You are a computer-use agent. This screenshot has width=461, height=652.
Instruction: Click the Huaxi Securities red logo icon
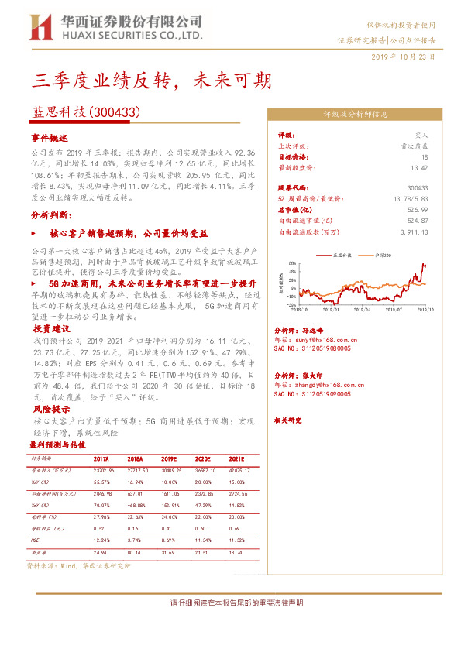41,28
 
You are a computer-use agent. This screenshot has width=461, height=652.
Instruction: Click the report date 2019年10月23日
403,57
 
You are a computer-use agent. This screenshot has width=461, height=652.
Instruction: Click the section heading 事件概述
49,137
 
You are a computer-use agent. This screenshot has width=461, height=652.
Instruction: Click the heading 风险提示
49,408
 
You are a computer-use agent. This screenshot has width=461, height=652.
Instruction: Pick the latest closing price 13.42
419,166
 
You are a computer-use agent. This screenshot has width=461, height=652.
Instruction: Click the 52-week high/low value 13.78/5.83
409,198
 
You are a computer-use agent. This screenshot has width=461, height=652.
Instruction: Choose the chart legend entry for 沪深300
381,254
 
